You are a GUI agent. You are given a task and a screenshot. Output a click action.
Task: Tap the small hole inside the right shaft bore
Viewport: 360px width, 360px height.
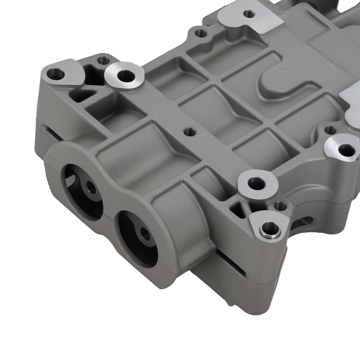pyautogui.click(x=146, y=234)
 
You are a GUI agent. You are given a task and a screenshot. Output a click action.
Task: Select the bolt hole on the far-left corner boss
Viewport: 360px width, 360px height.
pyautogui.click(x=58, y=75)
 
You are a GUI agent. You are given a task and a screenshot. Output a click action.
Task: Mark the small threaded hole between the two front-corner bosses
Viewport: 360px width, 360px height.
pyautogui.click(x=280, y=206)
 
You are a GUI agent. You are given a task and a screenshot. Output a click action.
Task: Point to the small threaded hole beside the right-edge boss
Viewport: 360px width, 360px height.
pyautogui.click(x=330, y=130)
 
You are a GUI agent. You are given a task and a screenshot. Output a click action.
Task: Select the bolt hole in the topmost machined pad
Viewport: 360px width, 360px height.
pyautogui.click(x=248, y=14)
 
